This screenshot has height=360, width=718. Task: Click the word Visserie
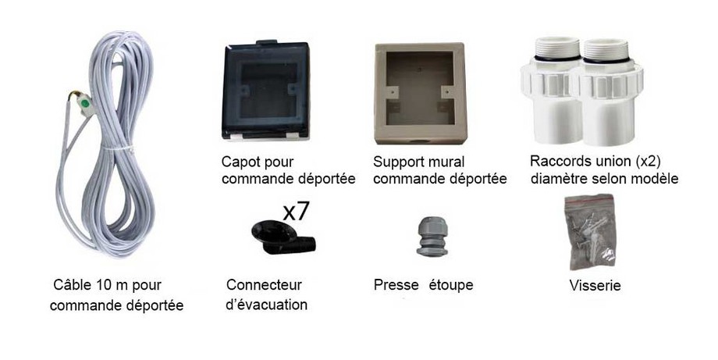[595, 287]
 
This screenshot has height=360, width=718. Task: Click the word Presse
[396, 285]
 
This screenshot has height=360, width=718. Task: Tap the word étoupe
[450, 285]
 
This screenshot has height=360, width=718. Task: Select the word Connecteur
[263, 285]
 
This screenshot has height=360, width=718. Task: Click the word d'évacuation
[266, 305]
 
